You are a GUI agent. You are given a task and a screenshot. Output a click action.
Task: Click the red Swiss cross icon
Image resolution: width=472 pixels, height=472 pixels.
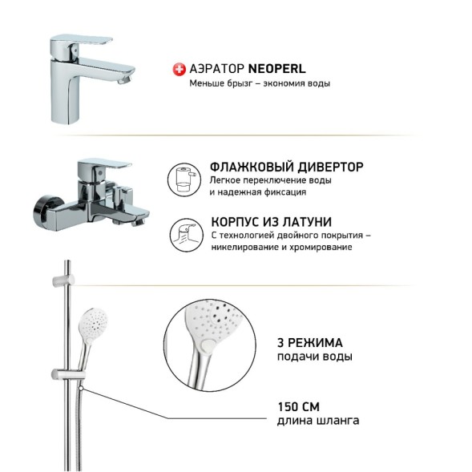179,70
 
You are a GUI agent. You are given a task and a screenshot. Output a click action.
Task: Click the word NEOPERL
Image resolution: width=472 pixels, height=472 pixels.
276,70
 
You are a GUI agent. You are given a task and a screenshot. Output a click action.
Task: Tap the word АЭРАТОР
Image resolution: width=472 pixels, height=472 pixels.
216,70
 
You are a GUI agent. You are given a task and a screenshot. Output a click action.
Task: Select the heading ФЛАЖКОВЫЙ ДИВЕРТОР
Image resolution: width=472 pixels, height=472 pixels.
286,167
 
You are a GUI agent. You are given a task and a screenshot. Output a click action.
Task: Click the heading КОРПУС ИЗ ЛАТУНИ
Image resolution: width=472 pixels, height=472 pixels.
271,221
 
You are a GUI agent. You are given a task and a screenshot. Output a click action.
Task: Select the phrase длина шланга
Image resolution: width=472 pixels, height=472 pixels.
317,420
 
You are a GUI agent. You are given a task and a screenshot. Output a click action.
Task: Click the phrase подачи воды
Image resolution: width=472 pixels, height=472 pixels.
314,357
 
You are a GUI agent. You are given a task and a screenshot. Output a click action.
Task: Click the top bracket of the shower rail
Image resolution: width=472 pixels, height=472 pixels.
63,279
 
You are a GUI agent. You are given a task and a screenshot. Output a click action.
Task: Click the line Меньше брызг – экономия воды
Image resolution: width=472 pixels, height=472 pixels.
260,84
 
